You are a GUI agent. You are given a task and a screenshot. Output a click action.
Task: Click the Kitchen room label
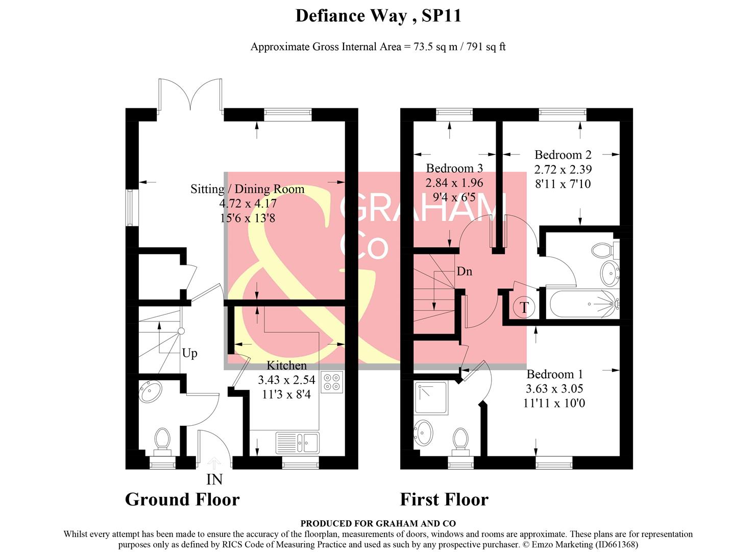click(286, 365)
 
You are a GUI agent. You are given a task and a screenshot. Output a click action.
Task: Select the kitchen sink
click(297, 443)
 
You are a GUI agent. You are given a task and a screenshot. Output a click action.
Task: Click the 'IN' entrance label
click(214, 479)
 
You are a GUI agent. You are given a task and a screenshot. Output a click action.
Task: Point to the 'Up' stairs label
click(189, 353)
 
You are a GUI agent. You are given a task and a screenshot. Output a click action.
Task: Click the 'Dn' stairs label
click(464, 271)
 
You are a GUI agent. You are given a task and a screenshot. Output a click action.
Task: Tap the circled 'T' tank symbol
click(524, 308)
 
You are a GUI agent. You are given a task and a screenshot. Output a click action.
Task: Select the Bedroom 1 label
click(554, 374)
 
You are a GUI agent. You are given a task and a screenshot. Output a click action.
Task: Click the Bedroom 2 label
click(563, 155)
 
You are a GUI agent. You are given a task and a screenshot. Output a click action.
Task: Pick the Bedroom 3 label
click(454, 168)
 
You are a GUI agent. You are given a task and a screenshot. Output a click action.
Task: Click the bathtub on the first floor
click(583, 304)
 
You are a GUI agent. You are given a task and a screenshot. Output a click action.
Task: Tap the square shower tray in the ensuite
click(431, 398)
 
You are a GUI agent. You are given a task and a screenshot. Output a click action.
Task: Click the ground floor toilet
click(162, 441)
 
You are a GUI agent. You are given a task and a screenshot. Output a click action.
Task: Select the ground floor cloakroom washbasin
click(151, 392)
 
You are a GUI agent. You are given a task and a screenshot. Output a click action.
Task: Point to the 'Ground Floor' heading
click(182, 499)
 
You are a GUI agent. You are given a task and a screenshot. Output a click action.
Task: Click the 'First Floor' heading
click(444, 499)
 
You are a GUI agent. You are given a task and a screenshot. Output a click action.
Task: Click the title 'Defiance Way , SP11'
click(378, 16)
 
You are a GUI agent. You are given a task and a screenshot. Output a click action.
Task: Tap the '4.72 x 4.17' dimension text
click(248, 203)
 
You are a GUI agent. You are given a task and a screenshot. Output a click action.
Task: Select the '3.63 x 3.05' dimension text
click(554, 388)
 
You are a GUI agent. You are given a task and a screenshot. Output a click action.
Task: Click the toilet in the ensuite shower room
click(460, 440)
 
